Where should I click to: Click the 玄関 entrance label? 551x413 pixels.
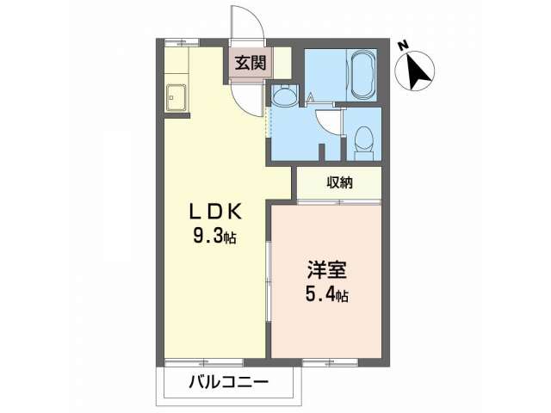pos(251,64)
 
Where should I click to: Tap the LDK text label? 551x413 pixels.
pos(216,212)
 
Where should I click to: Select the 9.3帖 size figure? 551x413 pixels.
pos(214,237)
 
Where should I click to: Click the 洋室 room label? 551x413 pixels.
pos(327,269)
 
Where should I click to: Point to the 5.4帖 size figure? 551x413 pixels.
pos(327,294)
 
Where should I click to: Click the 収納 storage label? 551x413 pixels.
pos(340,182)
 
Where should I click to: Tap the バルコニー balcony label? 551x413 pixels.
pos(229,381)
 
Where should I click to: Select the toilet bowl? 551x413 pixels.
pos(363,139)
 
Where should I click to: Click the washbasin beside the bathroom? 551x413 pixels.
pos(285,95)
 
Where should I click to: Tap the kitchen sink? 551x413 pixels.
pos(176,97)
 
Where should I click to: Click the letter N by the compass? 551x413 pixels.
pos(403,46)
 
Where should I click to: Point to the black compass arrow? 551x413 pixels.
pos(417,71)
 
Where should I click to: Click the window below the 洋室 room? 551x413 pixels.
pos(331,362)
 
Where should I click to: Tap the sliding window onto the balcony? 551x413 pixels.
pos(204,362)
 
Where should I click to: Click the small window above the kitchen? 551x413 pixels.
pos(182,42)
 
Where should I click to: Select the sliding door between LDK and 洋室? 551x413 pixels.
pos(269,281)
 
